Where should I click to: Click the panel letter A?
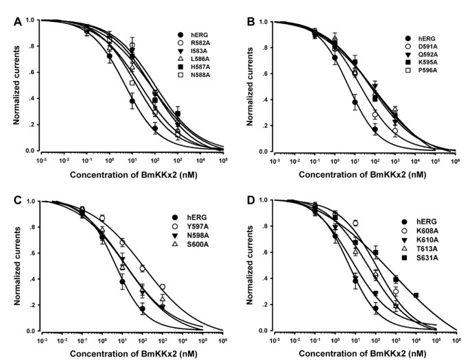tap(18, 21)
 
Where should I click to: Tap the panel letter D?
tap(250, 201)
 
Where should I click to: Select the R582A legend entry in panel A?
tap(193, 43)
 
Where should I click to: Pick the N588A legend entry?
tap(193, 75)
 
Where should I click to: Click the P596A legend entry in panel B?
tap(421, 71)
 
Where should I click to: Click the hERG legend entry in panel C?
tap(185, 217)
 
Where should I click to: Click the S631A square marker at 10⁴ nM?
tap(416, 296)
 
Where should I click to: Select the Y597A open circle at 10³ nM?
tap(163, 287)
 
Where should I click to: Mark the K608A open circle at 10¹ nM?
tap(355, 223)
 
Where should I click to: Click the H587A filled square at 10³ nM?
tap(178, 114)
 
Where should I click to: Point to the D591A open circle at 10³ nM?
tap(395, 131)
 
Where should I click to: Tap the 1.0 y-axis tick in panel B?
tap(263, 22)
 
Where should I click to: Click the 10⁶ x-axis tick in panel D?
tap(456, 340)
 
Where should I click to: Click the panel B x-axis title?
tap(362, 175)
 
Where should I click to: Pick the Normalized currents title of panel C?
tap(17, 266)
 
